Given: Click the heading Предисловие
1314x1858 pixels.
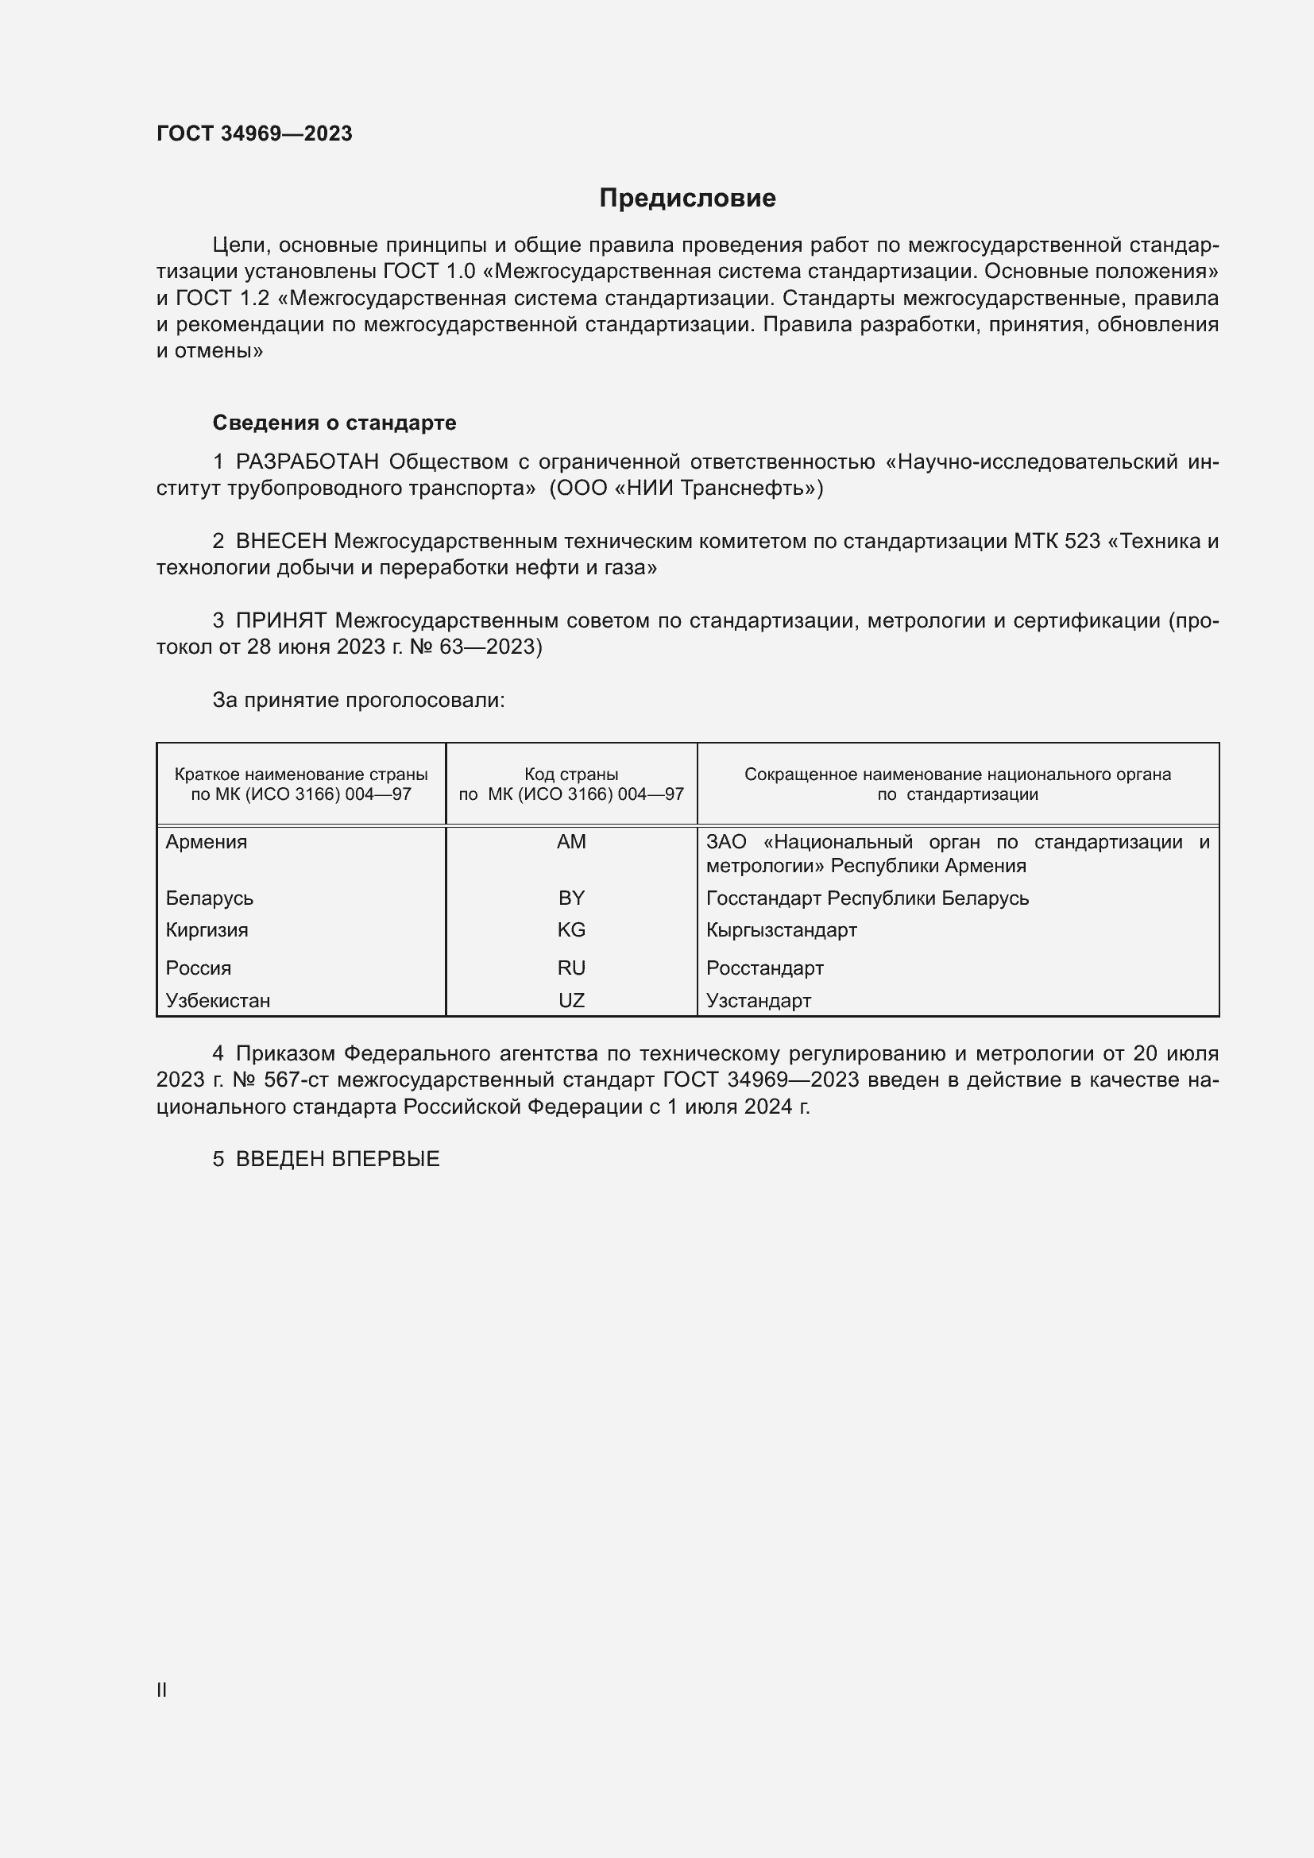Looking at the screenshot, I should pos(687,199).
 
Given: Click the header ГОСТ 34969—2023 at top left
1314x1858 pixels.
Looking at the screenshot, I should pos(254,133).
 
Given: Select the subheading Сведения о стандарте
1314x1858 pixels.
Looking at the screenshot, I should pos(334,423).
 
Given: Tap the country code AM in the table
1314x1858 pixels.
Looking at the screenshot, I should pos(571,841).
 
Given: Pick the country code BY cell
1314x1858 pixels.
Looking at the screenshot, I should pos(571,898).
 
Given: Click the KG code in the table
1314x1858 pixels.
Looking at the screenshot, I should pos(571,930).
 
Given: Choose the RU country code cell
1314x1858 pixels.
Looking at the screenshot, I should pos(571,968).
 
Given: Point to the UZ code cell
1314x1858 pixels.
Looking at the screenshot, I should pos(571,1000).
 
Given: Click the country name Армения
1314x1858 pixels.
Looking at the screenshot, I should pos(207,841).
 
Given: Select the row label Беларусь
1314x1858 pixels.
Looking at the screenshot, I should pos(210,898).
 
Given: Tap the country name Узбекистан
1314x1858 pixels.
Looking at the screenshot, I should pos(218,1000).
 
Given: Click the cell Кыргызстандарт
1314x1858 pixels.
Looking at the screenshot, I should pos(781,930).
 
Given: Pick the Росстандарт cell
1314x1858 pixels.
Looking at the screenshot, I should pos(764,968).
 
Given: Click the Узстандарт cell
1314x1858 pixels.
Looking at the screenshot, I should pos(758,1000).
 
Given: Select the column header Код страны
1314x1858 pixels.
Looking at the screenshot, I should pos(571,774).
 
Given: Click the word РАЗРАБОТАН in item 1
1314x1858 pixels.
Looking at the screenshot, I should pos(307,462).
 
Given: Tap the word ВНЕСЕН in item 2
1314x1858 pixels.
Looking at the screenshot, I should pos(280,542).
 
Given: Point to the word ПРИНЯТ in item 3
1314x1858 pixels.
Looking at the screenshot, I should pos(280,620).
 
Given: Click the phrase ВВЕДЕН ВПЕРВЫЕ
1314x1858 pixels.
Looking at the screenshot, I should pos(338,1159).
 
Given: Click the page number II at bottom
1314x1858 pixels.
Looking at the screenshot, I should pos(162,1690).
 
